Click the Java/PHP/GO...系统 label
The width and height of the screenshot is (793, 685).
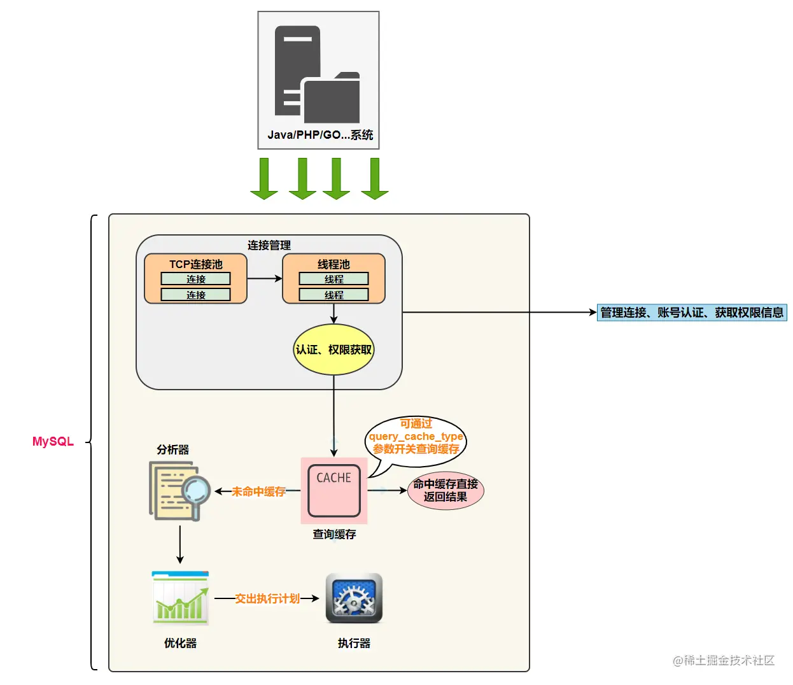(320, 135)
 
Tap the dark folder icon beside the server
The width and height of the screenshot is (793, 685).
(332, 98)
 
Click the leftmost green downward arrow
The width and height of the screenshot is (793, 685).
(264, 178)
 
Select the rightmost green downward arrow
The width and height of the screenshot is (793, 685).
(375, 178)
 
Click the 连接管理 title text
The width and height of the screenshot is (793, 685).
(269, 245)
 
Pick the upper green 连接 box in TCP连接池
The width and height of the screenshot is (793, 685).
(195, 279)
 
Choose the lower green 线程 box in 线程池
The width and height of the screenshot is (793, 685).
(333, 295)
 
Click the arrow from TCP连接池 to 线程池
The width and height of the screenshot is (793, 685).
(265, 278)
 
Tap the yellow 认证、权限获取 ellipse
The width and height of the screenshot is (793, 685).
(333, 350)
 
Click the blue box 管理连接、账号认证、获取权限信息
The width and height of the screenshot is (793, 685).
(691, 313)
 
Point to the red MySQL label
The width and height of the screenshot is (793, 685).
(53, 441)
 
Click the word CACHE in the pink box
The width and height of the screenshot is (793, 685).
(333, 477)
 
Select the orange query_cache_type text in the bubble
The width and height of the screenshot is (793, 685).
(416, 436)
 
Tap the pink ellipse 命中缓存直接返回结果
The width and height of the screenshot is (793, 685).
(446, 490)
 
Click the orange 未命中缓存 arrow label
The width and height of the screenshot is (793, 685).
(258, 491)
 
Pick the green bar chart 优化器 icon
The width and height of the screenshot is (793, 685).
(180, 598)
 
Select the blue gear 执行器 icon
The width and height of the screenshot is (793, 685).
(354, 598)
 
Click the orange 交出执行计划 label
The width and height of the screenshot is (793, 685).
(267, 598)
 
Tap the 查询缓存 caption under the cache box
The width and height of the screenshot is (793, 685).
(334, 534)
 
